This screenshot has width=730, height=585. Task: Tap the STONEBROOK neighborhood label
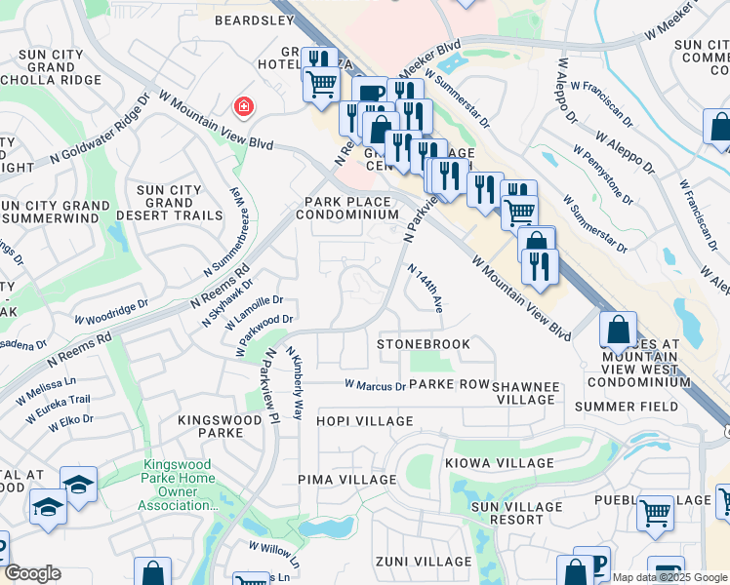(424, 344)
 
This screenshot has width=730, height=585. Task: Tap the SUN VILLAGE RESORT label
(516, 513)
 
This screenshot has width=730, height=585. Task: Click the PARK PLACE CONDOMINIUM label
(347, 208)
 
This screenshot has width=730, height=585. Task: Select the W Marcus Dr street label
(376, 385)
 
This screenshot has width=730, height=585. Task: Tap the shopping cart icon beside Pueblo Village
(655, 512)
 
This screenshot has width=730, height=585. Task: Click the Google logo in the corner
(32, 573)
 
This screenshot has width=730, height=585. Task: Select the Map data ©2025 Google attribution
(669, 577)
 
